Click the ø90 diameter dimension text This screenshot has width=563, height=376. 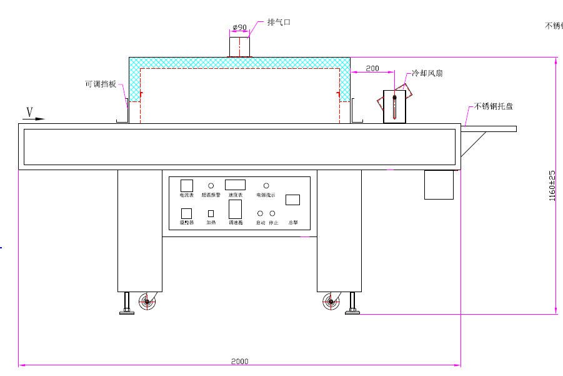point(239,27)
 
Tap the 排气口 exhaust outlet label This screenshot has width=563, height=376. point(279,22)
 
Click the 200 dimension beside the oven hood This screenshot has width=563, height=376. point(372,68)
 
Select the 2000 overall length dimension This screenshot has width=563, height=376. point(239,361)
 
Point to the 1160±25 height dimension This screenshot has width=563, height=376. point(552,186)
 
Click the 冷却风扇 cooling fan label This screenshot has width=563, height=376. point(427,73)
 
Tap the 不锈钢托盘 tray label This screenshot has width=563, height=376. point(494,106)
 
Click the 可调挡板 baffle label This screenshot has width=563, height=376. point(101,83)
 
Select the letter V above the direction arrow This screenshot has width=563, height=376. point(29,111)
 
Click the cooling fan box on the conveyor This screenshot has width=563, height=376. point(394,106)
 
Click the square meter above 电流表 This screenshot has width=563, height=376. point(187,185)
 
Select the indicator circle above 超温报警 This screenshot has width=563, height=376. point(211,186)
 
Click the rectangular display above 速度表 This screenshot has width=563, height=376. point(235,185)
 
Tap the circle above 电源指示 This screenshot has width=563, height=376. point(266,186)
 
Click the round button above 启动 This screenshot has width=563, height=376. point(261,213)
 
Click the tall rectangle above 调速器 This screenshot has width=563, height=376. point(235,209)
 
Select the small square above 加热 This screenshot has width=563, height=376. point(211,213)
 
